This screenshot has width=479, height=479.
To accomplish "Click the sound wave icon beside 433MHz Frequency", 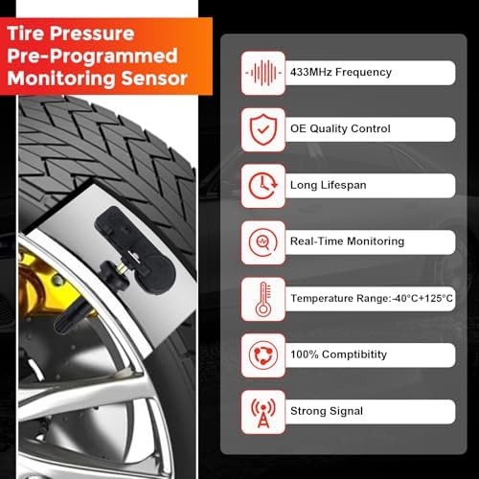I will coord(261,73).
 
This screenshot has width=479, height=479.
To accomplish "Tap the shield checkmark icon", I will coord(261,128).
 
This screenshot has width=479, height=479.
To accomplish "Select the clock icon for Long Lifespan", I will coord(261,185).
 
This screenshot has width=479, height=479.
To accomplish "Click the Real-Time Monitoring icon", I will coord(261,241).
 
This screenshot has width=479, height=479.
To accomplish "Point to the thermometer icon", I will coord(261,298).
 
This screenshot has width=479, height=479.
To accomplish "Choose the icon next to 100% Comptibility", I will coord(261,354).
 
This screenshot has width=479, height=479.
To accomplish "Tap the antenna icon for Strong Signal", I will coord(261,410).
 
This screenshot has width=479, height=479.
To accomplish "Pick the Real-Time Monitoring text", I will coord(347,242).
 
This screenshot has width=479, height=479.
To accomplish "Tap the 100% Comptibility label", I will coord(339,355).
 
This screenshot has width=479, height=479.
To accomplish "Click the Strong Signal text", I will coord(326,411).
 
